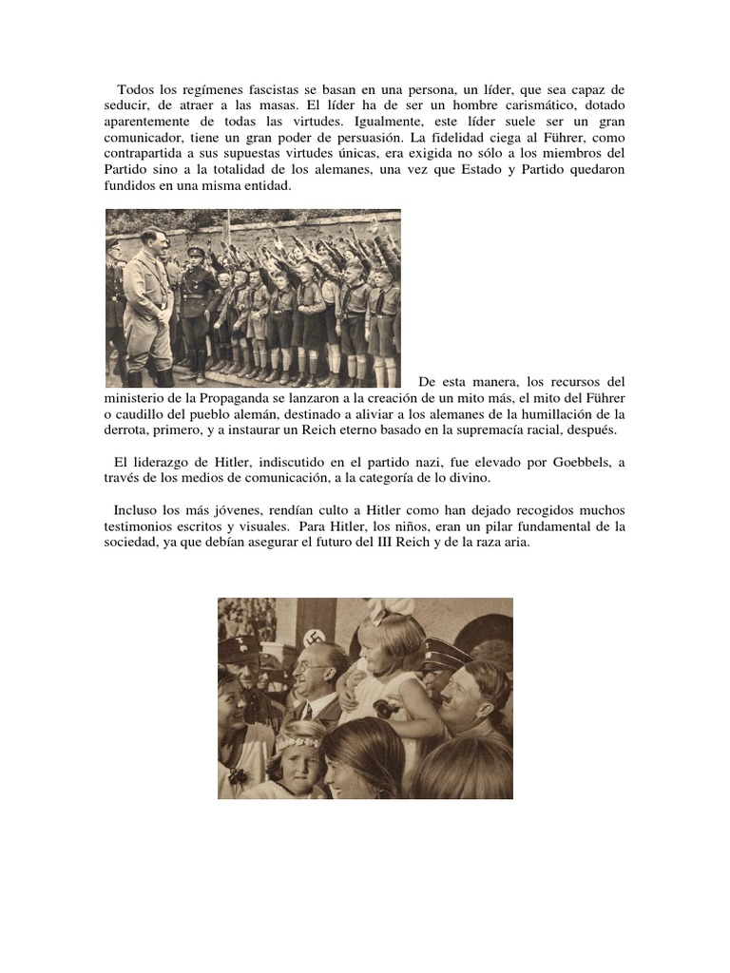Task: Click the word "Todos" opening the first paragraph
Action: (x=136, y=87)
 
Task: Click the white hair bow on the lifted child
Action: (x=392, y=609)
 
